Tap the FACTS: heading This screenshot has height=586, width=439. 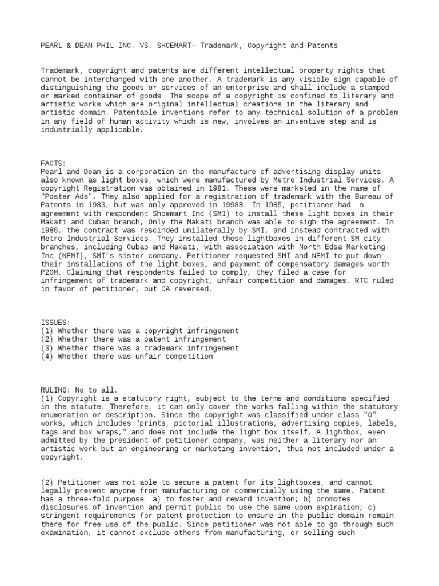click(x=53, y=163)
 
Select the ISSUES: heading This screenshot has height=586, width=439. click(x=55, y=323)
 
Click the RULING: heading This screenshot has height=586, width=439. click(x=55, y=389)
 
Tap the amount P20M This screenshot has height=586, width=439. click(x=51, y=272)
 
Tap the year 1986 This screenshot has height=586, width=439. click(x=51, y=231)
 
